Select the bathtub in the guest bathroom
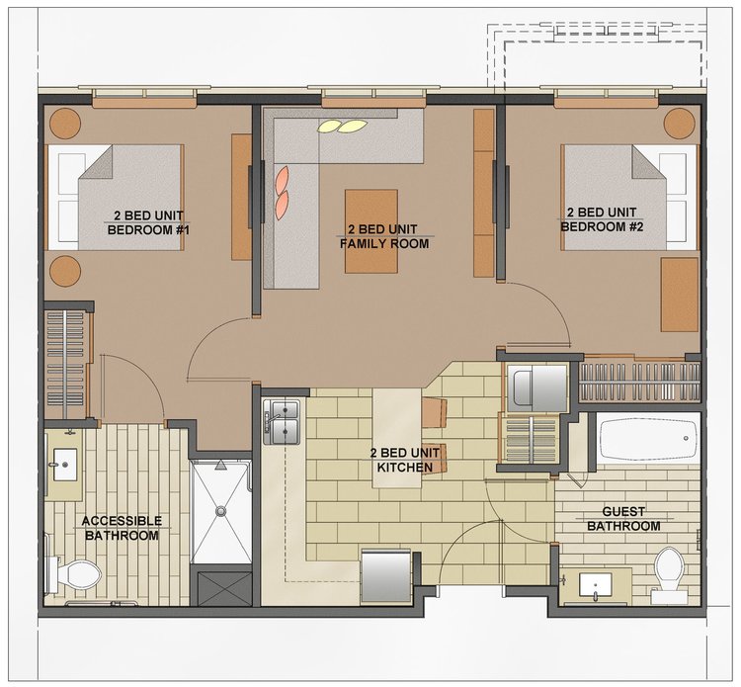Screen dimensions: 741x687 click(x=649, y=438)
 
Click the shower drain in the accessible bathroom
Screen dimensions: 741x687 click(x=220, y=511)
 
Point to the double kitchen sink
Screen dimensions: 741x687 click(x=282, y=422)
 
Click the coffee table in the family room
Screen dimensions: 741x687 click(x=370, y=231)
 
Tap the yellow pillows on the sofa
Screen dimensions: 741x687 click(x=342, y=126)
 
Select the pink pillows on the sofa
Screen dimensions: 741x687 click(x=282, y=193)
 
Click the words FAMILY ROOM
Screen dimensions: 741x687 click(x=384, y=244)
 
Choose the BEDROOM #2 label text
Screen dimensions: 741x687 click(x=602, y=227)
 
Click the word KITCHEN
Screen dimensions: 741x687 click(x=404, y=468)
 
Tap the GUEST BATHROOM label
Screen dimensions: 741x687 click(x=623, y=519)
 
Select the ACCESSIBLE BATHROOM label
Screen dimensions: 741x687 click(x=122, y=528)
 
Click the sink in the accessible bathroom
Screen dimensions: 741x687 click(x=65, y=465)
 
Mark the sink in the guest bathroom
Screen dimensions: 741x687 click(x=595, y=586)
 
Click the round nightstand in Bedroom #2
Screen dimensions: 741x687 click(x=680, y=124)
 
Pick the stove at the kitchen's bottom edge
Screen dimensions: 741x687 click(x=386, y=576)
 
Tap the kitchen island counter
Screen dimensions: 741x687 click(x=397, y=438)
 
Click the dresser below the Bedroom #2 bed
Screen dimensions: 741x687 click(x=680, y=295)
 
